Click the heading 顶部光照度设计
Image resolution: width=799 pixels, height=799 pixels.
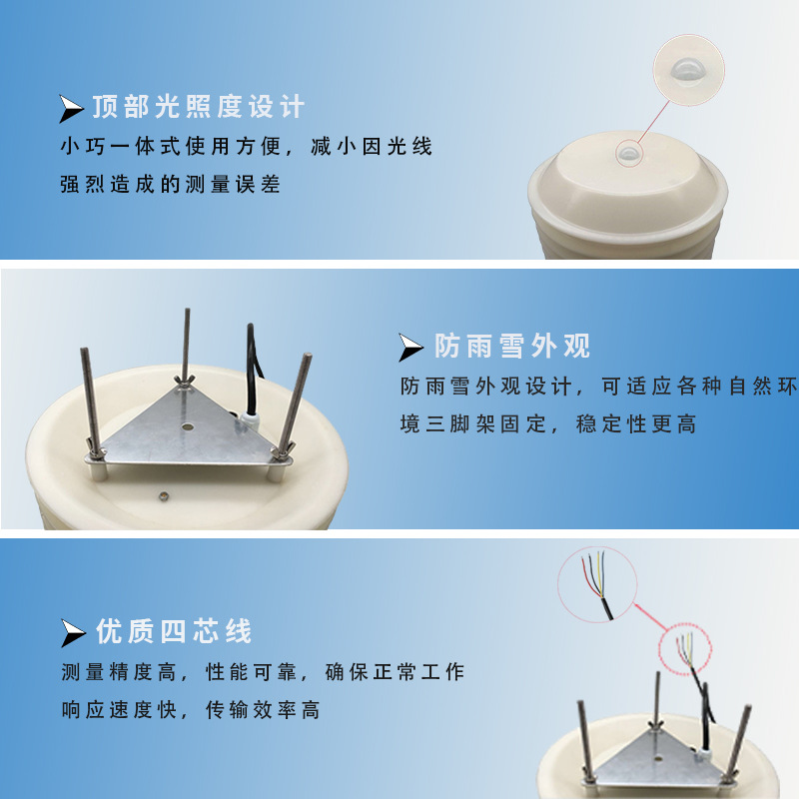tap(198, 107)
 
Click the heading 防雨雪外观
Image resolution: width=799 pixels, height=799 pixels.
tap(512, 346)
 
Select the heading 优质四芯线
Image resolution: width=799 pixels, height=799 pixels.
tap(174, 631)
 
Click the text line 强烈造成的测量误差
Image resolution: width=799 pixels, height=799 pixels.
tap(171, 185)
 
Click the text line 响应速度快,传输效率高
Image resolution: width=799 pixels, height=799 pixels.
tap(190, 710)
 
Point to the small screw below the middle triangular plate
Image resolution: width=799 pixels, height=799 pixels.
tap(163, 493)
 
